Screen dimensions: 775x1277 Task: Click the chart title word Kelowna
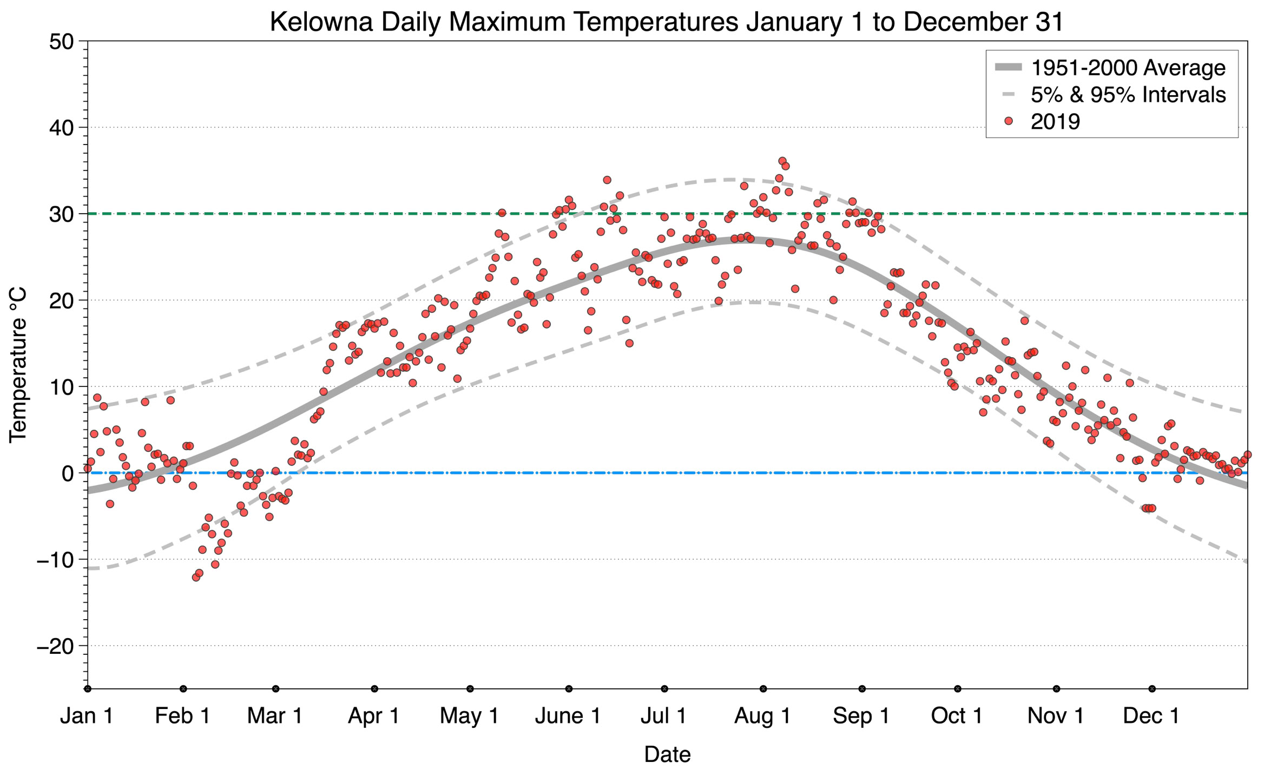click(321, 22)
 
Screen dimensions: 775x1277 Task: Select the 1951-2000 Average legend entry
click(1128, 68)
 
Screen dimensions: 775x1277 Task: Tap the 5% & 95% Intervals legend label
click(1128, 95)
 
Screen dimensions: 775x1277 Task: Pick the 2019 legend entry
click(1055, 121)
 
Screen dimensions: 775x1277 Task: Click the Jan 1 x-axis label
click(87, 716)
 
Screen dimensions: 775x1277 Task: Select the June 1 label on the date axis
click(568, 716)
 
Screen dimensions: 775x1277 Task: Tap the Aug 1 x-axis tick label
click(762, 716)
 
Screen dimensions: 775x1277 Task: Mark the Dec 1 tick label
click(1151, 716)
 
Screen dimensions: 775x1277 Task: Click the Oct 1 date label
click(957, 716)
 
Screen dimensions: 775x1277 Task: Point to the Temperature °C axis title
click(18, 365)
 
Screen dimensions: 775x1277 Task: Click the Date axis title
click(667, 754)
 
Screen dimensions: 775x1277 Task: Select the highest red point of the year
click(782, 161)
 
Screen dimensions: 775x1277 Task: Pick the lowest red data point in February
click(196, 577)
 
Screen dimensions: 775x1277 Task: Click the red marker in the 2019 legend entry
click(1008, 121)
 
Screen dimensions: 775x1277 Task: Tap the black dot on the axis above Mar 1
click(276, 689)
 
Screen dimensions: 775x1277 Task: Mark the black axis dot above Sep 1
click(862, 689)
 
